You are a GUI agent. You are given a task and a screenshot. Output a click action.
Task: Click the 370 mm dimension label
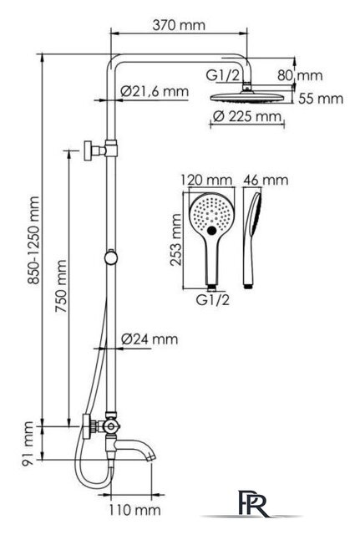(179, 25)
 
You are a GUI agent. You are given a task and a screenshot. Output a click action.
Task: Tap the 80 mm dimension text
(300, 75)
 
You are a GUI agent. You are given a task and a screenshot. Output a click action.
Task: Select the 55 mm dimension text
(321, 99)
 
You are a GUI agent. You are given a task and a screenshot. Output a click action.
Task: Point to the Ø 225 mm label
(247, 116)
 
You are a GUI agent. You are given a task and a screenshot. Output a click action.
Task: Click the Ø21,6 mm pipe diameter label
(155, 91)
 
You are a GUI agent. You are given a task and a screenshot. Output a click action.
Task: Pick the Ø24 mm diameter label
(150, 339)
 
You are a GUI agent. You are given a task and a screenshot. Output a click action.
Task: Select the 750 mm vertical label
(61, 286)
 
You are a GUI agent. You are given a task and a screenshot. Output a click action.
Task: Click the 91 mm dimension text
(28, 444)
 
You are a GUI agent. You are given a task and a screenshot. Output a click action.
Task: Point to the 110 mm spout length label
(134, 511)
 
